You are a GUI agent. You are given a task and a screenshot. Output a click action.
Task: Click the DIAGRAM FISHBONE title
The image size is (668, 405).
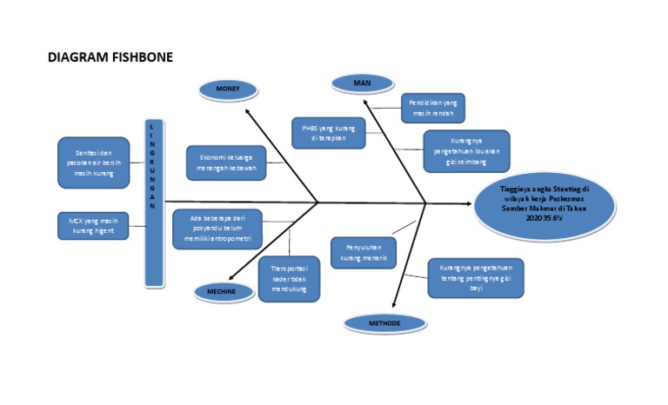[x=110, y=57]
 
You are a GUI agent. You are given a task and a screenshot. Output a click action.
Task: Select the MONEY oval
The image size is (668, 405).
[x=227, y=89]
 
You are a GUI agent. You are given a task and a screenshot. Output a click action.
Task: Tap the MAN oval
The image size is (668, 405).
[x=361, y=83]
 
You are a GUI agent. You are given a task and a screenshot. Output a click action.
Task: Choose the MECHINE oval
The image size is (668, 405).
[x=221, y=292]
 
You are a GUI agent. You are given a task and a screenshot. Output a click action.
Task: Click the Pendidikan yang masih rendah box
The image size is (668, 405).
[x=433, y=109]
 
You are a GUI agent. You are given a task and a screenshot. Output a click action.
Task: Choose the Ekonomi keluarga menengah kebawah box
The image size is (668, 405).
[x=225, y=163]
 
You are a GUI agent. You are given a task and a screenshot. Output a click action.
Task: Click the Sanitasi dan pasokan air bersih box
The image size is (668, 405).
[x=93, y=163]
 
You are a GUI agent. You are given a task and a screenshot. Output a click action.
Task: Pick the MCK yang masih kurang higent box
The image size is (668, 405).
[x=93, y=226]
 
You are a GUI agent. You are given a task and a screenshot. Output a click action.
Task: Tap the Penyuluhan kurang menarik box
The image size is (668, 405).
[x=364, y=252]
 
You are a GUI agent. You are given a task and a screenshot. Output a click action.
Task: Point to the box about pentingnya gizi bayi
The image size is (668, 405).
[x=476, y=277]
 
